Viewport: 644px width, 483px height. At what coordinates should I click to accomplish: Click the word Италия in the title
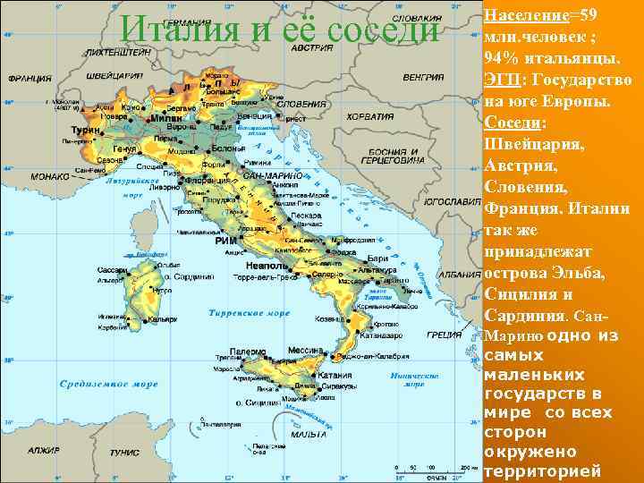point(180,29)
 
